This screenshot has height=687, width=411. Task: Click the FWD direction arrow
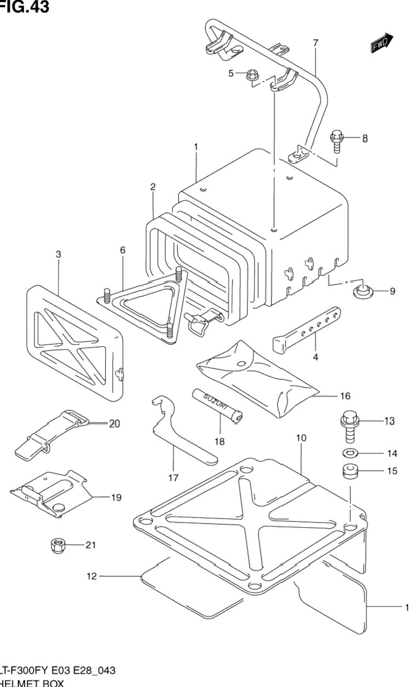pyautogui.click(x=381, y=44)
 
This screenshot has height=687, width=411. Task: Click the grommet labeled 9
pyautogui.click(x=361, y=291)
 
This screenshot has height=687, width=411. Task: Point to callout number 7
pyautogui.click(x=315, y=43)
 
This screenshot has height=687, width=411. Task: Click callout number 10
pyautogui.click(x=302, y=438)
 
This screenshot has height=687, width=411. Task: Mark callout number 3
pyautogui.click(x=59, y=254)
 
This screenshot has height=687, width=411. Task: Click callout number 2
pyautogui.click(x=153, y=187)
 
